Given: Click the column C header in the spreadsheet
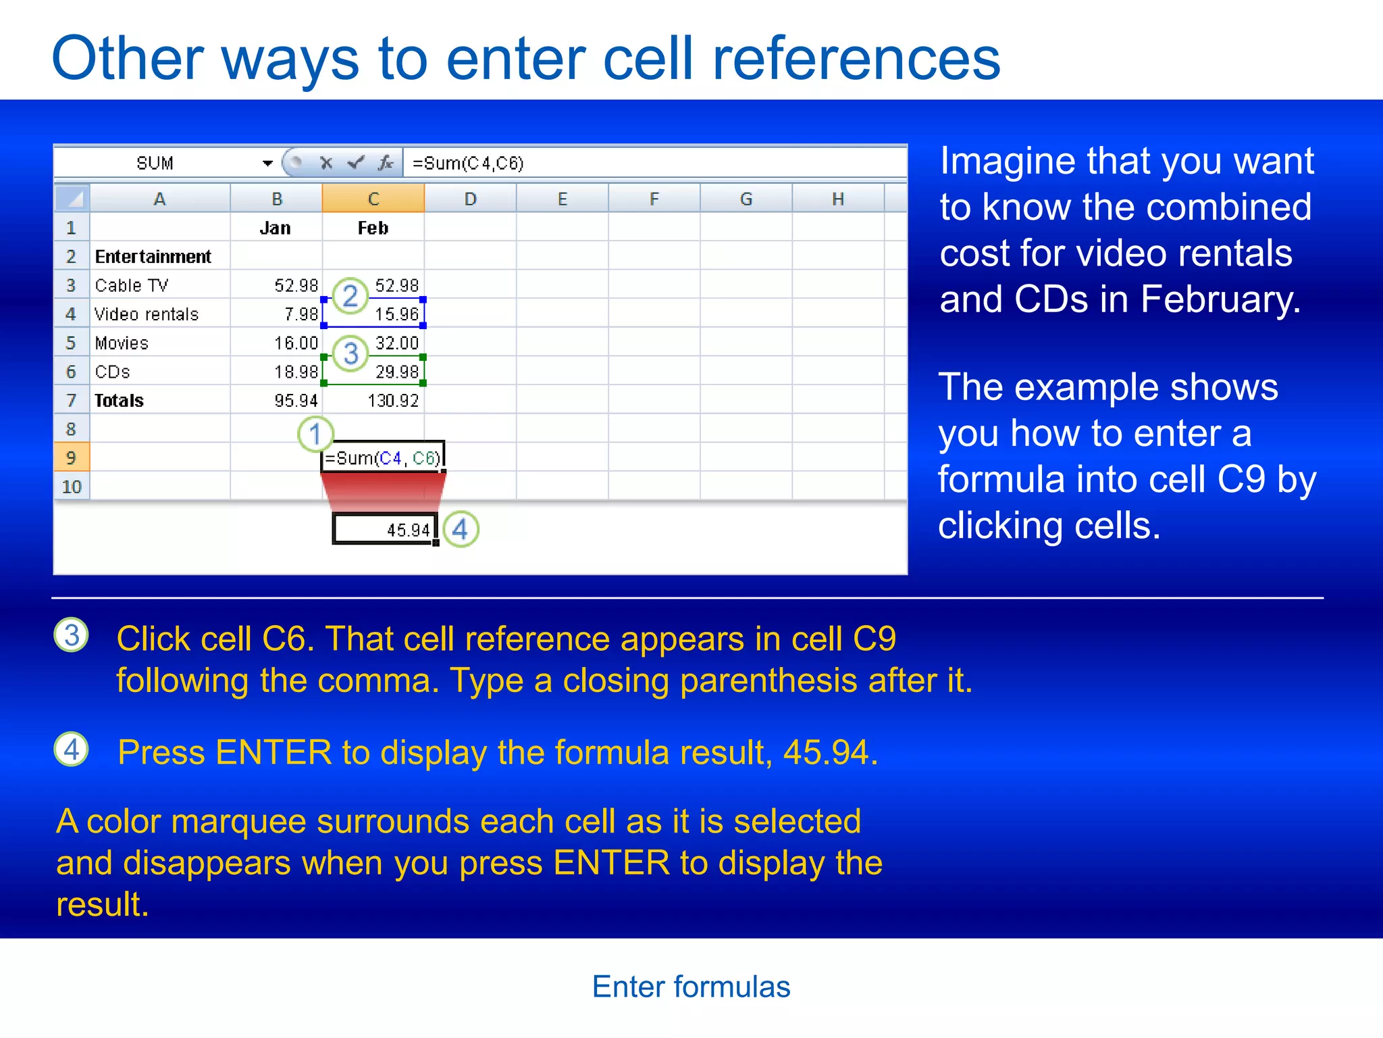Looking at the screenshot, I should click(373, 199).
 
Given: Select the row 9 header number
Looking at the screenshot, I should click(71, 458).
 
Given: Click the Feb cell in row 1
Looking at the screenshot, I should click(373, 228).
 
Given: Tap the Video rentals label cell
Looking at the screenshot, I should click(147, 314).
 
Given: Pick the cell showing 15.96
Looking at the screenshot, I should click(396, 314).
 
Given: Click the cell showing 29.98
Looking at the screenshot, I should click(396, 372).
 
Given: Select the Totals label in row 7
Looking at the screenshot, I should click(119, 401).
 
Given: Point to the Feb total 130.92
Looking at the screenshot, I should click(392, 401).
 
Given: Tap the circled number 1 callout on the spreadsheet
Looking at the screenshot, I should click(315, 434).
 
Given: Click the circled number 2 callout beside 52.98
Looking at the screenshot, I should click(350, 296).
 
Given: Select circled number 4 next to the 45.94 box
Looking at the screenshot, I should click(461, 529).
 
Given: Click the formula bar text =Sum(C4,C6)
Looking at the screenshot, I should click(467, 164).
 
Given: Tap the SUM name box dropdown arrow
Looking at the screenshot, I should click(267, 164).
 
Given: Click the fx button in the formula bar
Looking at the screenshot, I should click(386, 163).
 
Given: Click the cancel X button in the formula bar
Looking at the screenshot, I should click(326, 163).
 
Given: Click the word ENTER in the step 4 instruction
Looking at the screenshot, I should click(273, 752).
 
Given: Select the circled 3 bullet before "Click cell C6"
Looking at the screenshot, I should click(72, 635).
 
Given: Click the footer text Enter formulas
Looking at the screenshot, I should click(691, 987).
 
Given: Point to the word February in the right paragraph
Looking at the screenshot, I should click(1220, 299).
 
